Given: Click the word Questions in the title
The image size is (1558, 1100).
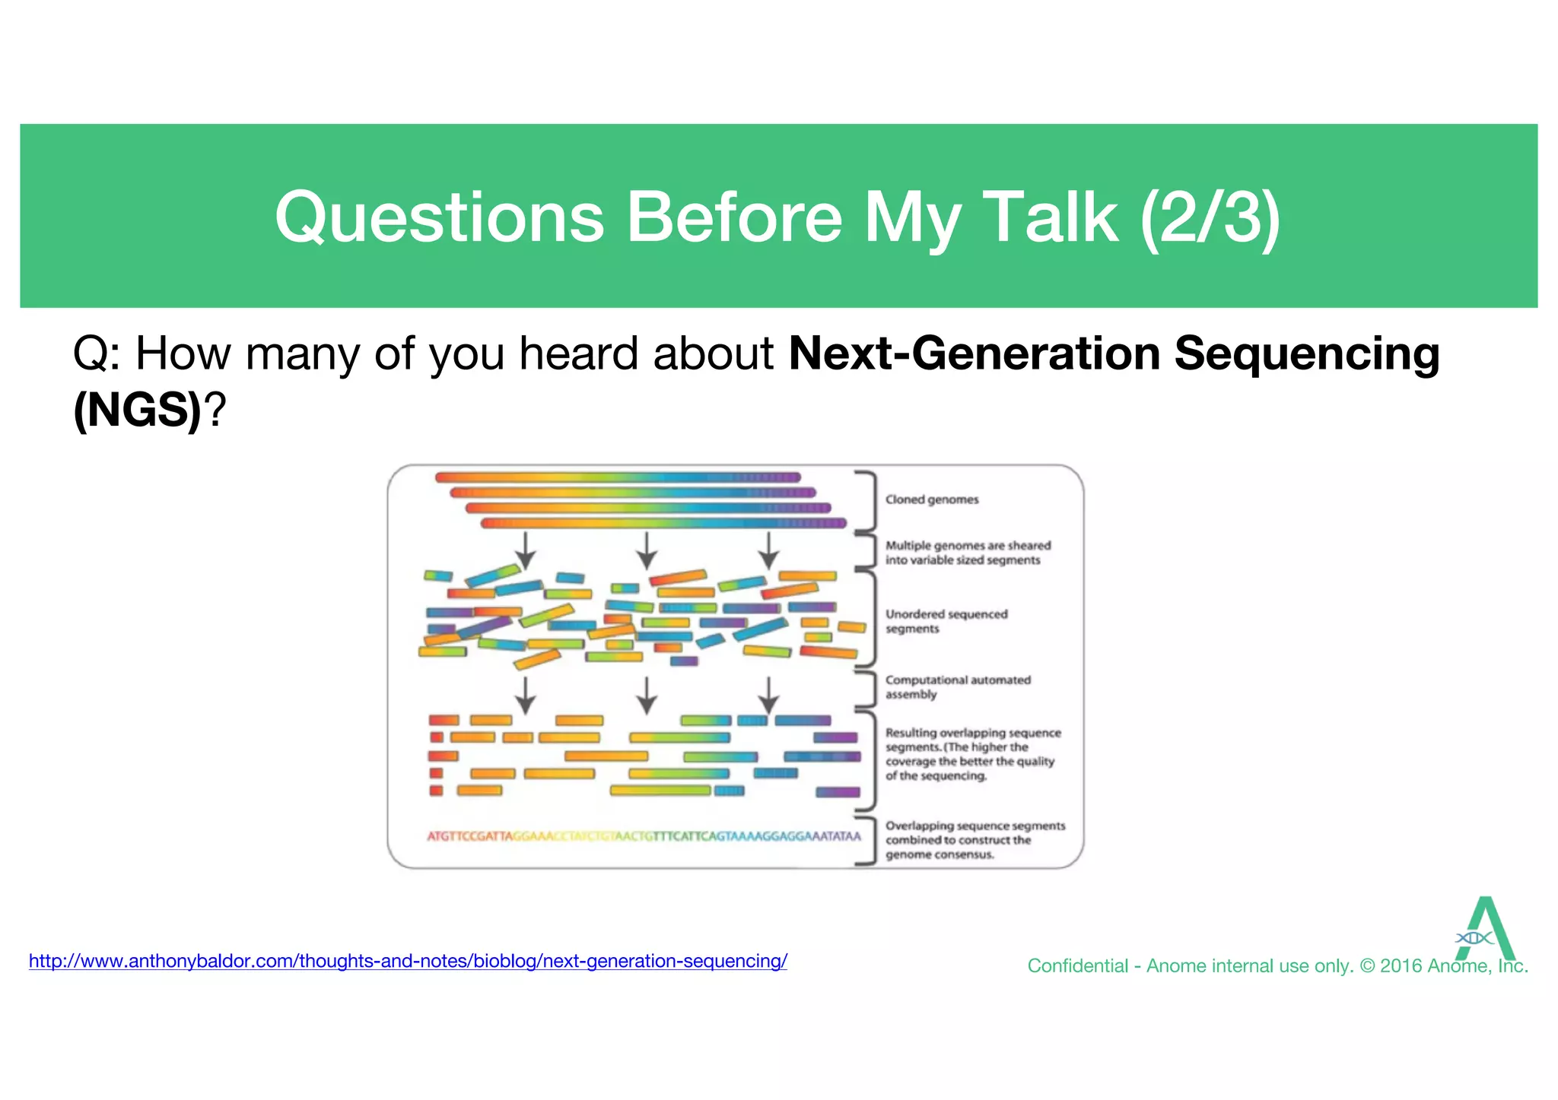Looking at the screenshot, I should pos(439,218).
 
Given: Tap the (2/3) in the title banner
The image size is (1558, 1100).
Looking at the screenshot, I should pos(1210,218).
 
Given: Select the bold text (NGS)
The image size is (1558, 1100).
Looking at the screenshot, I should pos(138,411).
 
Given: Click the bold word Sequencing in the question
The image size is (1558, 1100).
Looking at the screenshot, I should pos(1306,354).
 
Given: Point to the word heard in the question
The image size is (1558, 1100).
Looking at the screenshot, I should pos(578,354).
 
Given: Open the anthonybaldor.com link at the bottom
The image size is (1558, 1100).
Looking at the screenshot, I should pos(408,961).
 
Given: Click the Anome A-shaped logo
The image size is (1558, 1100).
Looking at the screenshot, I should pos(1484,929).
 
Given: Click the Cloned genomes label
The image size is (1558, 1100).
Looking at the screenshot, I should pos(931,499).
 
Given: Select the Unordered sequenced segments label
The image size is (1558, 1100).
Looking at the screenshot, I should pos(946,621).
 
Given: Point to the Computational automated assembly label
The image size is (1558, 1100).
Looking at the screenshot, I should pos(957,687).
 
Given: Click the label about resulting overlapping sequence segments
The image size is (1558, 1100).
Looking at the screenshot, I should pos(971,754).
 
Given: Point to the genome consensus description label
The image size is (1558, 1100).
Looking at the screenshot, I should pos(975,840).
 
